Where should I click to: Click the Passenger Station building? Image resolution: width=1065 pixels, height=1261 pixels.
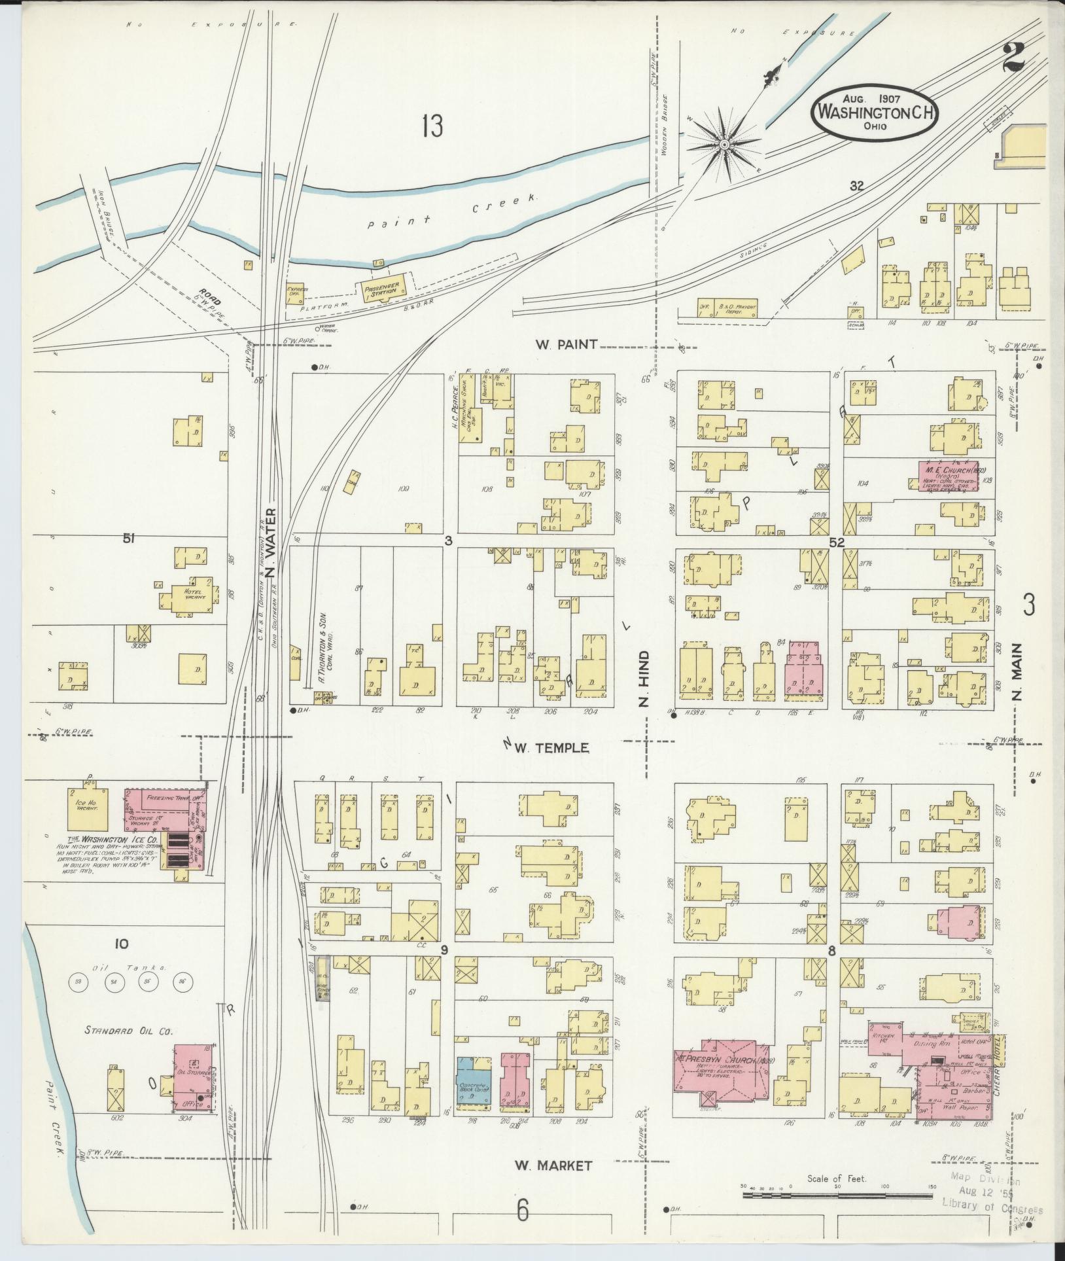point(380,287)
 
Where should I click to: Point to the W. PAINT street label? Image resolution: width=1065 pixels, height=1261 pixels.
point(566,344)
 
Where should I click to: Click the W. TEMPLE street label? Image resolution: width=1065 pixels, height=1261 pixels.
point(551,747)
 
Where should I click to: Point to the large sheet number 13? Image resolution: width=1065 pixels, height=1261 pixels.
point(432,126)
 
